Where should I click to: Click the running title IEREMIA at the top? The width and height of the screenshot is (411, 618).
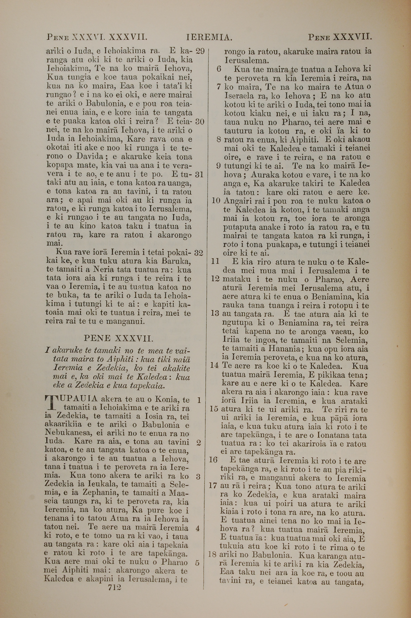coord(209,38)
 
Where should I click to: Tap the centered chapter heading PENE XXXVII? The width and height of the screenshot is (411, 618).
coord(118,338)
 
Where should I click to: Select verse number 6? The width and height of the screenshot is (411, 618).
coord(219,69)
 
